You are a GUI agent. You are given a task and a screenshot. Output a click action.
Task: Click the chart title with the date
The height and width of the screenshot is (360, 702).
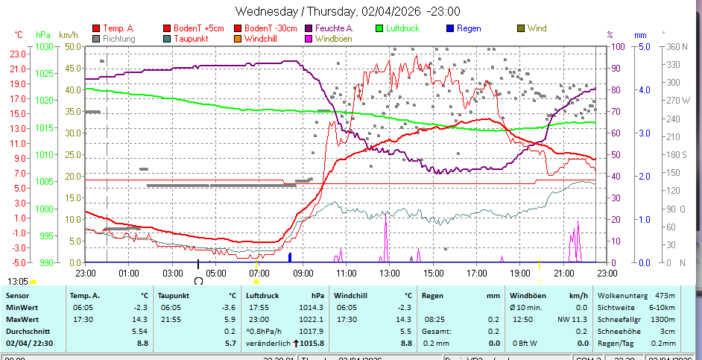coord(347,11)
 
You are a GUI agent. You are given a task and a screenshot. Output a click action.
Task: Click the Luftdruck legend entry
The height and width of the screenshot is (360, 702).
coord(402,28)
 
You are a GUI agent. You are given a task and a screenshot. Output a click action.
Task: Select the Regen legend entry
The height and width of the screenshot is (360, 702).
coord(469,28)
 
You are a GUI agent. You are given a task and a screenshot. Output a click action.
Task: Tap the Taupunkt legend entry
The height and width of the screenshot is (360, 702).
coord(190,38)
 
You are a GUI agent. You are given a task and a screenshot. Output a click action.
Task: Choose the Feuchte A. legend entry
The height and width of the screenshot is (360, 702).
coord(334,28)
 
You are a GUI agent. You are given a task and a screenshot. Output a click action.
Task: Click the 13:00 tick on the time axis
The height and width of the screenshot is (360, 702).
coord(388,274)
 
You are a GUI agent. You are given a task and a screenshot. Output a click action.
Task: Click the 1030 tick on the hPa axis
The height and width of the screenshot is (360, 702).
coord(43,46)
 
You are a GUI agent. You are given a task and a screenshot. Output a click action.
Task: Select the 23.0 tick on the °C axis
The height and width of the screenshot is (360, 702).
coord(18,54)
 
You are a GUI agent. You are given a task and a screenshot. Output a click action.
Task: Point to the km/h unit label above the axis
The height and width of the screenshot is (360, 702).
coord(68,35)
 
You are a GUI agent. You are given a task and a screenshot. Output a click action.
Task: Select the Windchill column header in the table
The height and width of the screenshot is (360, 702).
coord(352,295)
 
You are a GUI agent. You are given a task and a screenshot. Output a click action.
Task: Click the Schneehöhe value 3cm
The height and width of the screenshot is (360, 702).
coord(668,331)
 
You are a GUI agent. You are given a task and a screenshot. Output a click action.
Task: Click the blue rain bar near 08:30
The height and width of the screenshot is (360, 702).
coord(290,257)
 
